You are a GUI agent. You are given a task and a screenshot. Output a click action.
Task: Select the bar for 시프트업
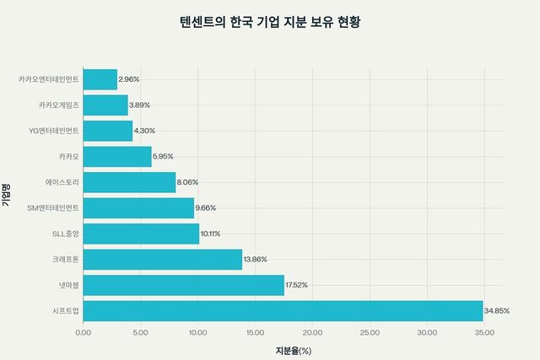(283, 311)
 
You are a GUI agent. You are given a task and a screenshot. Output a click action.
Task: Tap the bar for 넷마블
(183, 285)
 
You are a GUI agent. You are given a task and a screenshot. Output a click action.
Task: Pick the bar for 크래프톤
(162, 260)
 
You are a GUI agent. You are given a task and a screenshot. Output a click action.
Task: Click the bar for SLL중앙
(141, 234)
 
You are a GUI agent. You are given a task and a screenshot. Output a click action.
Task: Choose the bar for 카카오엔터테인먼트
(100, 79)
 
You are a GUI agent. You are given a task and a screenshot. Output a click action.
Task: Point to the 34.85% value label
(496, 311)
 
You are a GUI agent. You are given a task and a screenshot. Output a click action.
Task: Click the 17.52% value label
(297, 285)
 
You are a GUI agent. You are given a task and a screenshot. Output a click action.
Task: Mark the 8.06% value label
(189, 182)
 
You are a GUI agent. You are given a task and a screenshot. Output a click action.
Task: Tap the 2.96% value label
(129, 79)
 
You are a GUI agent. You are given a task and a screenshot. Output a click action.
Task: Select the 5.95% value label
(165, 157)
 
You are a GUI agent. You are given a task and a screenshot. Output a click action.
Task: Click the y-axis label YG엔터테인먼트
(53, 131)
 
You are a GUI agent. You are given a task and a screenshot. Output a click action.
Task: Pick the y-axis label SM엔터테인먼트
(53, 208)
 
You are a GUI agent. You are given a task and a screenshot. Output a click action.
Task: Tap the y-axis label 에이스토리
(62, 182)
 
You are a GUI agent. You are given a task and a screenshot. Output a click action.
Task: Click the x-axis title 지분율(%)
(293, 350)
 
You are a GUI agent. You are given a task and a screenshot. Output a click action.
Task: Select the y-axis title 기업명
(7, 195)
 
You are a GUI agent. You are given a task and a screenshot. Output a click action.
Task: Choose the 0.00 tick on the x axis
(83, 333)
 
